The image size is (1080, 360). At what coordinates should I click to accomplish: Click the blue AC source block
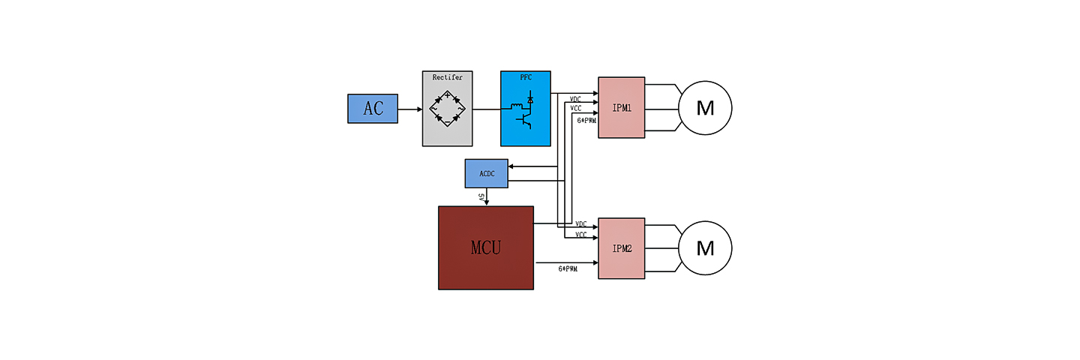(373, 109)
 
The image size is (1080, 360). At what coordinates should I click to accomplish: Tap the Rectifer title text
(448, 76)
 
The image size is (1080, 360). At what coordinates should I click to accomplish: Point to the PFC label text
(526, 76)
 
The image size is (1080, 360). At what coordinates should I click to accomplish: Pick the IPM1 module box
(622, 107)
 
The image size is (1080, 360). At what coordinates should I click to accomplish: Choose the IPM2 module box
(622, 248)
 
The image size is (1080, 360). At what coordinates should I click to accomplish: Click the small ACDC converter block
(486, 173)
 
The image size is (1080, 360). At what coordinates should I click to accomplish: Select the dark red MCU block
(486, 247)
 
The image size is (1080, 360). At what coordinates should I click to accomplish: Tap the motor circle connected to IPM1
(705, 108)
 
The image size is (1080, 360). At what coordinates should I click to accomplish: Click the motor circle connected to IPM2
(705, 247)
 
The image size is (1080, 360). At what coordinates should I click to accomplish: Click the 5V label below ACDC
(481, 196)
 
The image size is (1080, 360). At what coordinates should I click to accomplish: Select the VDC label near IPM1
(576, 99)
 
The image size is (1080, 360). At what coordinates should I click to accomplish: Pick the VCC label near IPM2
(580, 235)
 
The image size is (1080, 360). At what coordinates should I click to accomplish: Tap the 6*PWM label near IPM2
(568, 268)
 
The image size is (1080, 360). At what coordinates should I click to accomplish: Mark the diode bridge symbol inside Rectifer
(448, 109)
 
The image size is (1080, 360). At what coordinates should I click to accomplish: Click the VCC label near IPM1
(576, 109)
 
